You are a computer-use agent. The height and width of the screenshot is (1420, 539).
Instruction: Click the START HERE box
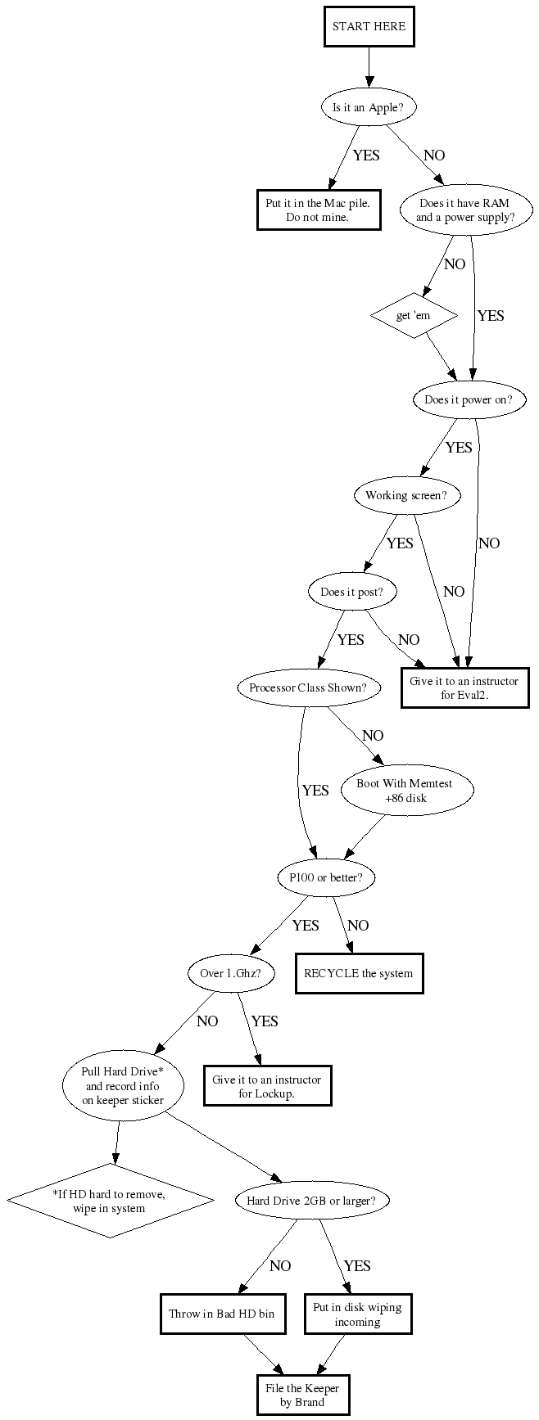pos(369,27)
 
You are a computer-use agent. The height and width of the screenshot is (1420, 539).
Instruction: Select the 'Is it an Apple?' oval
pos(369,107)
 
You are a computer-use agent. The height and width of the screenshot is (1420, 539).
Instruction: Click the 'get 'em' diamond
pos(413,316)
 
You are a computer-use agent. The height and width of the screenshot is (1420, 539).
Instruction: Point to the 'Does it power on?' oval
pos(468,400)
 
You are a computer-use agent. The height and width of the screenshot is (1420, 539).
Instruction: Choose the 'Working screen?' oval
pos(407,495)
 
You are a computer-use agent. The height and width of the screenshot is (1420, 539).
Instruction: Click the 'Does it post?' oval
pos(352,592)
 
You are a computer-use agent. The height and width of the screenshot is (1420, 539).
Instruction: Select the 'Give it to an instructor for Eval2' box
pos(464,688)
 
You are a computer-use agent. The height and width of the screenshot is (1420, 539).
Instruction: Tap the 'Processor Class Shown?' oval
pos(309,688)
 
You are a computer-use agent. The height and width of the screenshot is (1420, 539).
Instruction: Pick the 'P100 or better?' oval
pos(325,878)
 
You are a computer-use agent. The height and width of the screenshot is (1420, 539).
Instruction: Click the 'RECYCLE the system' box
pos(359,974)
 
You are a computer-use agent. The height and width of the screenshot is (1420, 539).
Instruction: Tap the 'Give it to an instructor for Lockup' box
pos(267,1086)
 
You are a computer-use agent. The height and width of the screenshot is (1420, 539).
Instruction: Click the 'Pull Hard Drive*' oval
pos(123,1086)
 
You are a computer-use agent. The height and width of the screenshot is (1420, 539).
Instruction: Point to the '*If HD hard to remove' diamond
pos(111,1201)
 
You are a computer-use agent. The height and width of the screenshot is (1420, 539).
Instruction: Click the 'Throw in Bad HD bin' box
pos(221,1314)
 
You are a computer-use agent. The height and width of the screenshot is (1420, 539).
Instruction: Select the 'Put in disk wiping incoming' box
pos(357,1314)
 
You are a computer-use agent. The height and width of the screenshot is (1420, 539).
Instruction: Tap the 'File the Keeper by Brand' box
pos(302,1395)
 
